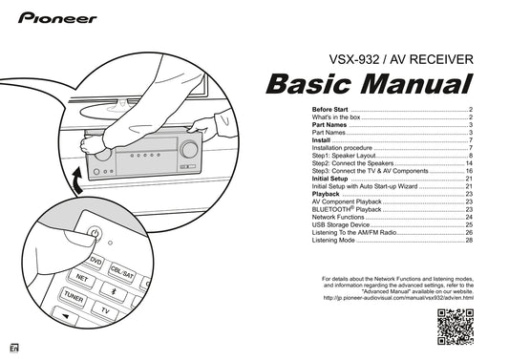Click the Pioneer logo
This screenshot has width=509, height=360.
pyautogui.click(x=53, y=17)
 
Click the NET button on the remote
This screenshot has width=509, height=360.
pyautogui.click(x=82, y=278)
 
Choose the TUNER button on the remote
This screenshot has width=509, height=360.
pyautogui.click(x=74, y=299)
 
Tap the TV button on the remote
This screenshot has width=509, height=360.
pyautogui.click(x=105, y=311)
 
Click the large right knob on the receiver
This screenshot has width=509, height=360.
pyautogui.click(x=189, y=149)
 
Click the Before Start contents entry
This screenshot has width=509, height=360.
pyautogui.click(x=329, y=111)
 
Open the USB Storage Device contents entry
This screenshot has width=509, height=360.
pyautogui.click(x=343, y=224)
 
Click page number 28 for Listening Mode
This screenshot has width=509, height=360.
pyautogui.click(x=470, y=240)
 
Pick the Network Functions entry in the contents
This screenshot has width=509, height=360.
pyautogui.click(x=340, y=217)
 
